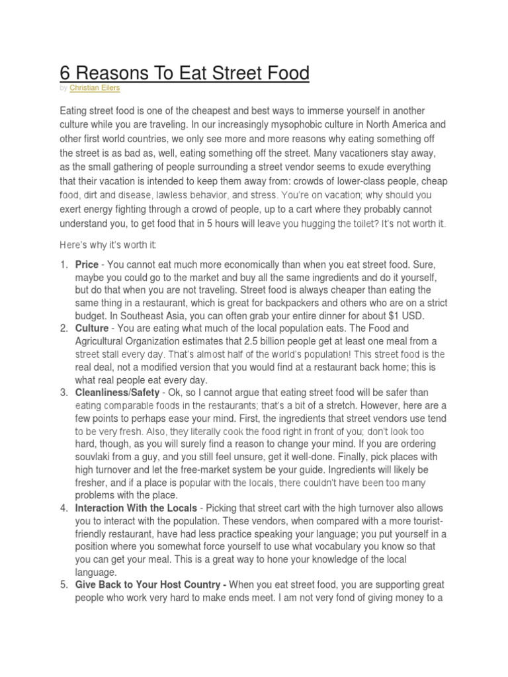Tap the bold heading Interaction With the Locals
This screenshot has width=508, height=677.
coord(136,508)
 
